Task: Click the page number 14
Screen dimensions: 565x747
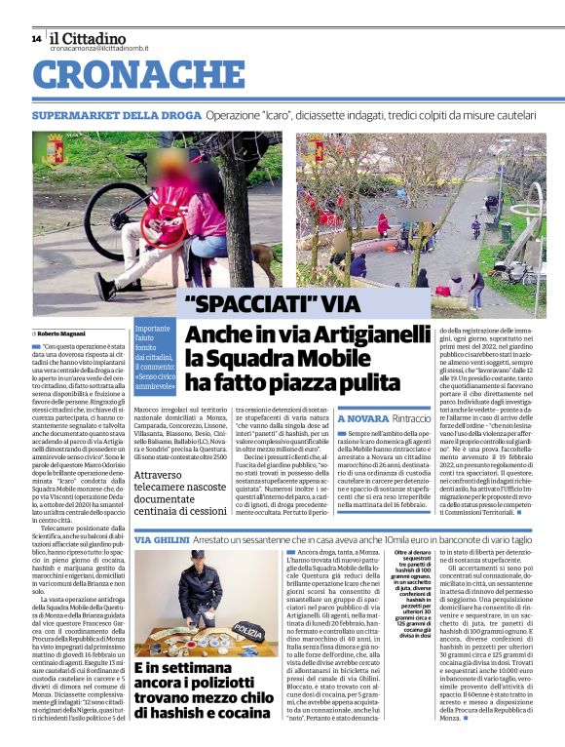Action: [x=36, y=38]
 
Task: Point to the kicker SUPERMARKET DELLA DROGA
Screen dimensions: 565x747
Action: [x=106, y=114]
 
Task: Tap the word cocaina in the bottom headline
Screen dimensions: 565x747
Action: [x=233, y=715]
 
